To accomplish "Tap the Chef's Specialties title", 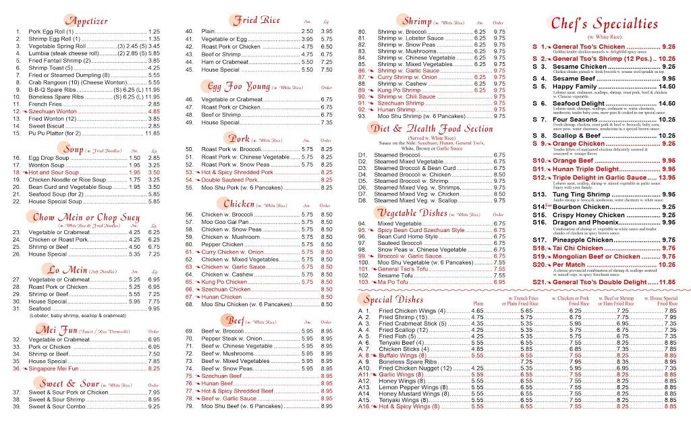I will point(605,24).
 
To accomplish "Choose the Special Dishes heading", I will point(393,299).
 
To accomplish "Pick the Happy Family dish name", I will point(572,86).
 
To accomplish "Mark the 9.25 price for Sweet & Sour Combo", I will point(154,407).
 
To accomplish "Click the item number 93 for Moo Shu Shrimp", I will point(362,115).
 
